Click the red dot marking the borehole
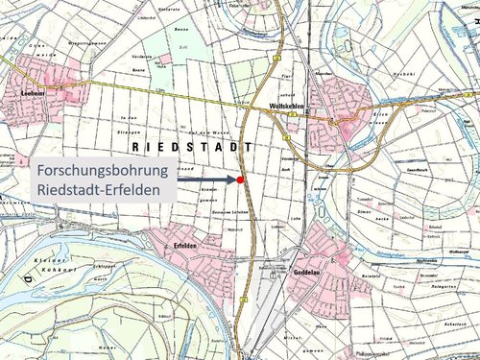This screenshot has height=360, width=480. (x=240, y=180)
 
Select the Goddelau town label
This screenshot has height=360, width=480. (x=302, y=274)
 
